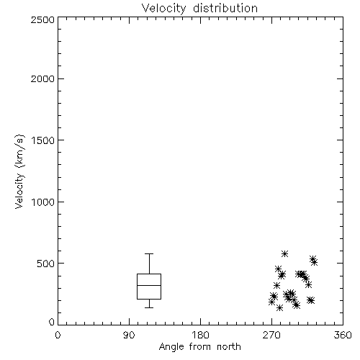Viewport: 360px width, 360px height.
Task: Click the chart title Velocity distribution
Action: [x=199, y=8]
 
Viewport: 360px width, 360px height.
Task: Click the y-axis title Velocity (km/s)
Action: [x=19, y=171]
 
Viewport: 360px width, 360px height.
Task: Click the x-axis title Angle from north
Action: [x=199, y=347]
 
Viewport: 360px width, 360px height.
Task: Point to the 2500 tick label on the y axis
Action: [x=42, y=19]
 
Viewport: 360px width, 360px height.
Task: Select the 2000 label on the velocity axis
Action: [x=42, y=78]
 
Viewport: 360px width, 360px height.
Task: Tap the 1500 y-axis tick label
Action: [x=43, y=140]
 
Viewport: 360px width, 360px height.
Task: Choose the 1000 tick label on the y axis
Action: [x=43, y=202]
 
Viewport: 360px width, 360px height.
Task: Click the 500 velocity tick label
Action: [x=46, y=264]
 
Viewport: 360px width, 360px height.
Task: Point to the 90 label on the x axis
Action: [x=129, y=335]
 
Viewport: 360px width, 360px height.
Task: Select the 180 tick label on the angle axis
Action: [x=200, y=335]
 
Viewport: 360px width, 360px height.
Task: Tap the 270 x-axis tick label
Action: [x=271, y=335]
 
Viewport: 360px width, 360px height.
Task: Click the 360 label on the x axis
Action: [x=343, y=335]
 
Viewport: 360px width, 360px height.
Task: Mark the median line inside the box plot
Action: [x=149, y=285]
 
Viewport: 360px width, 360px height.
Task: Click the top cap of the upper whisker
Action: [x=149, y=253]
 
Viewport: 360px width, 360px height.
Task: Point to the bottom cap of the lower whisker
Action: [x=149, y=307]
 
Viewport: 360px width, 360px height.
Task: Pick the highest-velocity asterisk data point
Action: [x=284, y=253]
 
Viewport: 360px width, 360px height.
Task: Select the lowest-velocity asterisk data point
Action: [x=279, y=307]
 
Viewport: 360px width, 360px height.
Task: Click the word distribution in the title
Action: [x=225, y=8]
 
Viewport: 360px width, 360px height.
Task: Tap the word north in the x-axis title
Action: [x=229, y=347]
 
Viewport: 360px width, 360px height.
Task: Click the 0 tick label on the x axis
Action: [x=58, y=335]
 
